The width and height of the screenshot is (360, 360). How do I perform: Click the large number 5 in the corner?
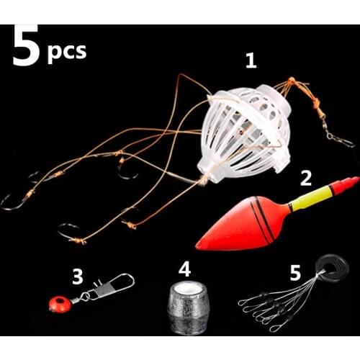(x=24, y=47)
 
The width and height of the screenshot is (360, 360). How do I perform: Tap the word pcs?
(x=66, y=51)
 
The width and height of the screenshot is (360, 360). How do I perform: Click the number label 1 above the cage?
(x=251, y=61)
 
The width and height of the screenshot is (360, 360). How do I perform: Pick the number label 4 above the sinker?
(x=185, y=271)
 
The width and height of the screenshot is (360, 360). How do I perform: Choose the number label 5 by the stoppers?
(x=296, y=274)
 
